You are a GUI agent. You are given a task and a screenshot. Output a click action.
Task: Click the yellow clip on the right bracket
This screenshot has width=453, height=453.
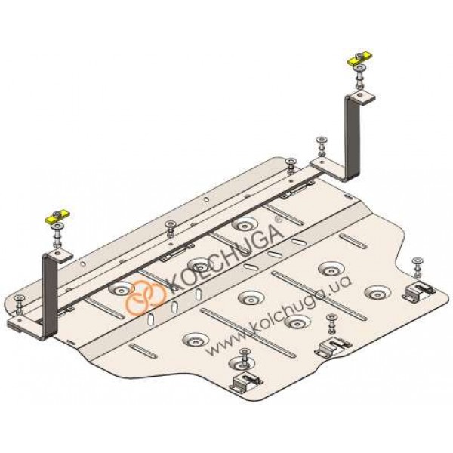(x=359, y=58)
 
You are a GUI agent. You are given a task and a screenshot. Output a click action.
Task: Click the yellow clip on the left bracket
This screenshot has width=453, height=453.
(x=58, y=216)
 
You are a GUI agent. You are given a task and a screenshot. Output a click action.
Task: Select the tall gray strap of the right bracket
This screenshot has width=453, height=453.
(x=352, y=139)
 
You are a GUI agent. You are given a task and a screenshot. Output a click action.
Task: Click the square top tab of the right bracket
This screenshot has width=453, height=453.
(x=362, y=97)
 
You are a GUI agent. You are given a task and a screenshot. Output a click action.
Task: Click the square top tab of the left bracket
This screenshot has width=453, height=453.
(x=59, y=255)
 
